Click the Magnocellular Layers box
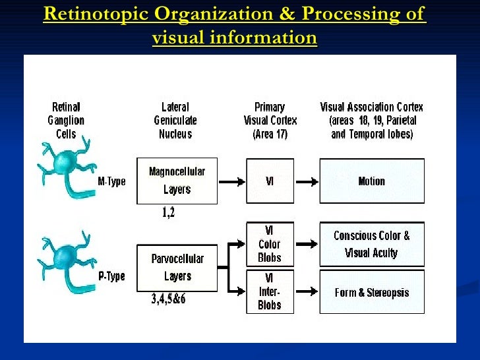point(177,180)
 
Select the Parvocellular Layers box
point(177,268)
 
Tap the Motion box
point(371,181)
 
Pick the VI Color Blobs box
point(270,244)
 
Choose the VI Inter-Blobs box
point(270,291)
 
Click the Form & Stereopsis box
point(371,292)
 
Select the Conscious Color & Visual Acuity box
point(371,244)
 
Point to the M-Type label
point(111,181)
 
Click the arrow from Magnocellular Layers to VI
point(231,181)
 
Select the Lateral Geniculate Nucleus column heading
point(175,121)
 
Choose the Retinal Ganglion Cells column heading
point(66,121)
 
